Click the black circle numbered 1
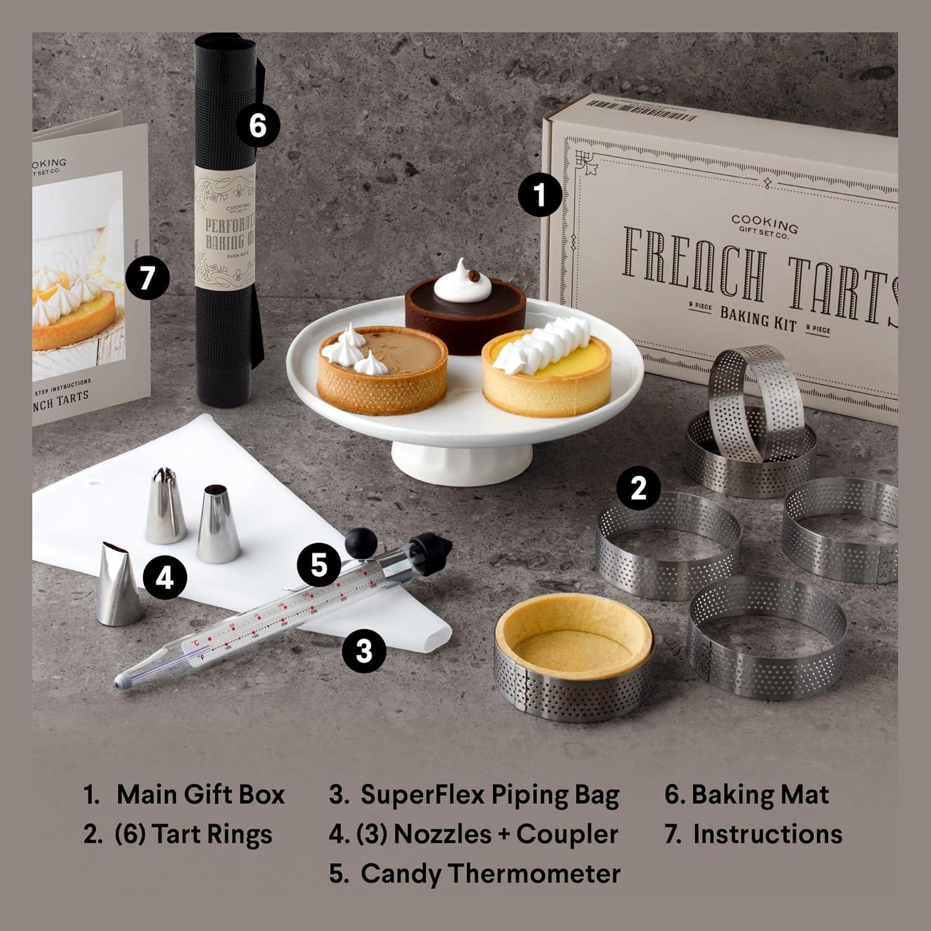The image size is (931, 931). (x=540, y=194)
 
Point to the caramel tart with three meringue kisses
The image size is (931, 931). (x=382, y=369)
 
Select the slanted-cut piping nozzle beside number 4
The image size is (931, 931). (x=119, y=583)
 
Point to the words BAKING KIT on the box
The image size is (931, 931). (x=758, y=318)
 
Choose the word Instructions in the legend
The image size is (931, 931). (x=767, y=834)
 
